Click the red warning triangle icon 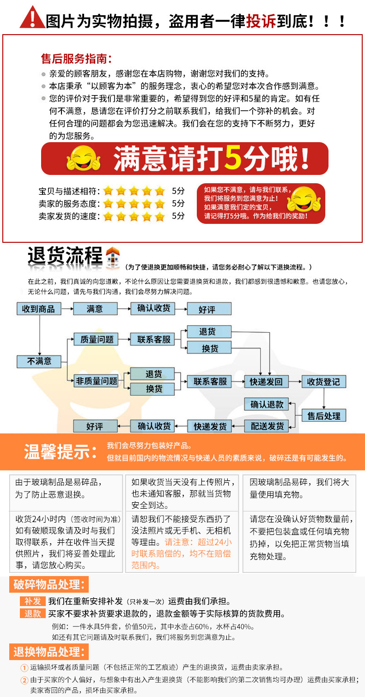32,18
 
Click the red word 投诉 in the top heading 261,21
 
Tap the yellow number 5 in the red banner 233,158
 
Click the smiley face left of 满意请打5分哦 83,158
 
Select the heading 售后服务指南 76,59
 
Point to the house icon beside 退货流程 113,258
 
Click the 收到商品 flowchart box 39,309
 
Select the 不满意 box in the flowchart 39,361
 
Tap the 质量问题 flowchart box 96,339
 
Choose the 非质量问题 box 96,381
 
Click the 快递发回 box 266,381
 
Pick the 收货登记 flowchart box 323,381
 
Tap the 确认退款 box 267,404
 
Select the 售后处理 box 324,415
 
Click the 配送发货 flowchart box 267,427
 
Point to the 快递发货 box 210,427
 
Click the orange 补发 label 33,601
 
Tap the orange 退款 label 33,613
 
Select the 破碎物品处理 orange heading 49,584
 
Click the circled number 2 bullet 24,680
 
